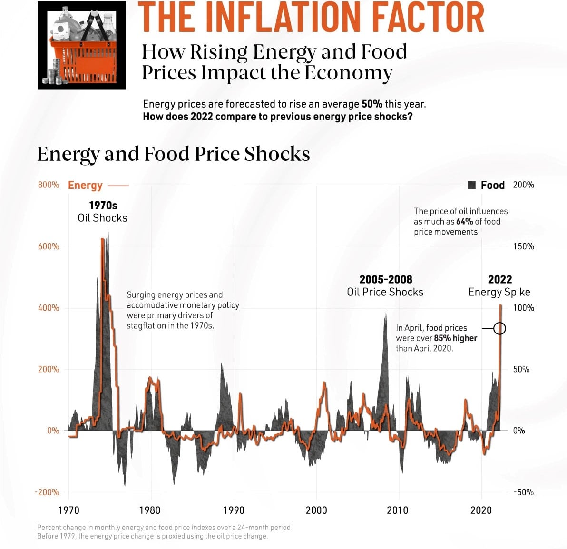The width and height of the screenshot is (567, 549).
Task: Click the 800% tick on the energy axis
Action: pos(49,185)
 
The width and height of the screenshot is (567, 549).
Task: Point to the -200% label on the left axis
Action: pos(47,492)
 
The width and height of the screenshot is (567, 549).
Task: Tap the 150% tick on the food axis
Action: pos(523,246)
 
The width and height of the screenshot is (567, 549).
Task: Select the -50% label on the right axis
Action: pos(523,492)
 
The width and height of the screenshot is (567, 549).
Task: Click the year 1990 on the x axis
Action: pos(234,510)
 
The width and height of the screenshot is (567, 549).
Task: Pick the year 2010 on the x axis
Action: pos(397,510)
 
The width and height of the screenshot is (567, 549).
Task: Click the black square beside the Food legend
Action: pos(472,185)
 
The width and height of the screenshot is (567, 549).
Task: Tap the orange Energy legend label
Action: pos(85,185)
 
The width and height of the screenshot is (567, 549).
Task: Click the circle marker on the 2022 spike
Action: pos(499,328)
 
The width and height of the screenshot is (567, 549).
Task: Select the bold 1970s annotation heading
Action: pos(103,206)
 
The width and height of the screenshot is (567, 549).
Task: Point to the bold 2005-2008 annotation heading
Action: pos(386,280)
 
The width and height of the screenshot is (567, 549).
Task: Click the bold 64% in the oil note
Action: pos(464,222)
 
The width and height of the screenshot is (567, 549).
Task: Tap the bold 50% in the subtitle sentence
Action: pos(372,104)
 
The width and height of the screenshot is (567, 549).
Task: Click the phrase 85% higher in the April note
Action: pos(455,338)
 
